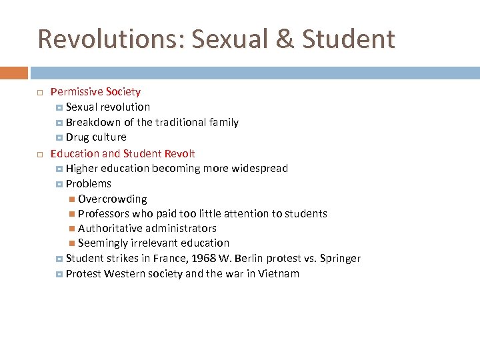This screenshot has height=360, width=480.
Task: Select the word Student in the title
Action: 348,39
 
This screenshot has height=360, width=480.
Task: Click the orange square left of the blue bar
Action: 13,73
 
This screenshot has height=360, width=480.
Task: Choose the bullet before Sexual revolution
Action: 59,107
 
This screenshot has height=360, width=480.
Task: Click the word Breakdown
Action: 93,123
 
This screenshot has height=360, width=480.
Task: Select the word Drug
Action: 77,137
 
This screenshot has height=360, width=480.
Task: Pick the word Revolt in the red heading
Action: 179,153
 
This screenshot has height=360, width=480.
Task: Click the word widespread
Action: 259,169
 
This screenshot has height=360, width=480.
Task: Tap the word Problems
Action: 89,184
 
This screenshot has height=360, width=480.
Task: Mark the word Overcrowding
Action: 113,199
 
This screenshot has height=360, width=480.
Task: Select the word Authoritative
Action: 111,229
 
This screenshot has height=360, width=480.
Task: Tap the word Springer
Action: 340,259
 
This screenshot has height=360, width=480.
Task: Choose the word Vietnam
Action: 277,274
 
